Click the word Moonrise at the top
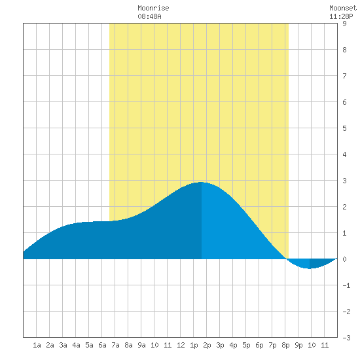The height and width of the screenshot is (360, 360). [153, 8]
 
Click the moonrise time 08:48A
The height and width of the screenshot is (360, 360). [149, 16]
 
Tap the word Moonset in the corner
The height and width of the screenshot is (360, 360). [343, 8]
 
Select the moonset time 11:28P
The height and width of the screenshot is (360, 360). [341, 16]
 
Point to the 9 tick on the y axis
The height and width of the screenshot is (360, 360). [344, 24]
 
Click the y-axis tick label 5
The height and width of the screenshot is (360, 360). [344, 128]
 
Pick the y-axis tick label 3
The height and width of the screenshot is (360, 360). [344, 181]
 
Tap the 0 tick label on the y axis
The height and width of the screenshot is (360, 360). [344, 259]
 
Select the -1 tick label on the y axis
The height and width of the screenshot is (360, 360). [346, 285]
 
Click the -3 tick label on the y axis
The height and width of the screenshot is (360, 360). [346, 338]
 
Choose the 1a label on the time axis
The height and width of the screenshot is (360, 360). [37, 345]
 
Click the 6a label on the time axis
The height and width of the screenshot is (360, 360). [102, 345]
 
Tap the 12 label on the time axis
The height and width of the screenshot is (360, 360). [181, 345]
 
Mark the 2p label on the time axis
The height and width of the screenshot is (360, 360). [207, 345]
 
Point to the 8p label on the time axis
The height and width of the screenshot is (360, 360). [285, 345]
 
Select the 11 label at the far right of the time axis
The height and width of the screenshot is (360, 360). [325, 345]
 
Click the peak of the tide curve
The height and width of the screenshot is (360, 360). [202, 183]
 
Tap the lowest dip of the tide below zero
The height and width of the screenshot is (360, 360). [310, 268]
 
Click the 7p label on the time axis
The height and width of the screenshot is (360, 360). [272, 345]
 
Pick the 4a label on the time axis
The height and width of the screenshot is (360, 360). [76, 345]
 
